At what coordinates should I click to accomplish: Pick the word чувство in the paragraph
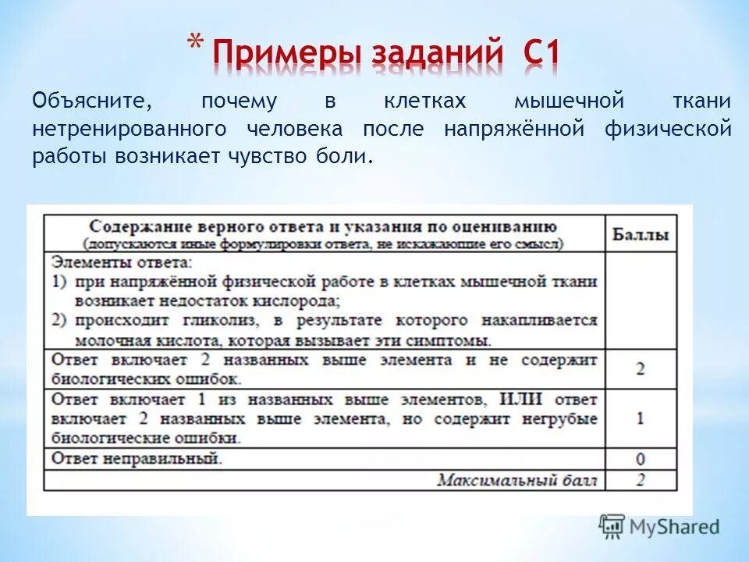click(268, 156)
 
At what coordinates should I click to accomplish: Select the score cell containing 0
click(640, 458)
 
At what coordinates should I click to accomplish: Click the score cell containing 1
click(640, 418)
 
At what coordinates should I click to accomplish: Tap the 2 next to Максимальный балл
click(640, 479)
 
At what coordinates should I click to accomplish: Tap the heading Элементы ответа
click(120, 261)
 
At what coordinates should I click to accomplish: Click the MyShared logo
click(659, 527)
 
